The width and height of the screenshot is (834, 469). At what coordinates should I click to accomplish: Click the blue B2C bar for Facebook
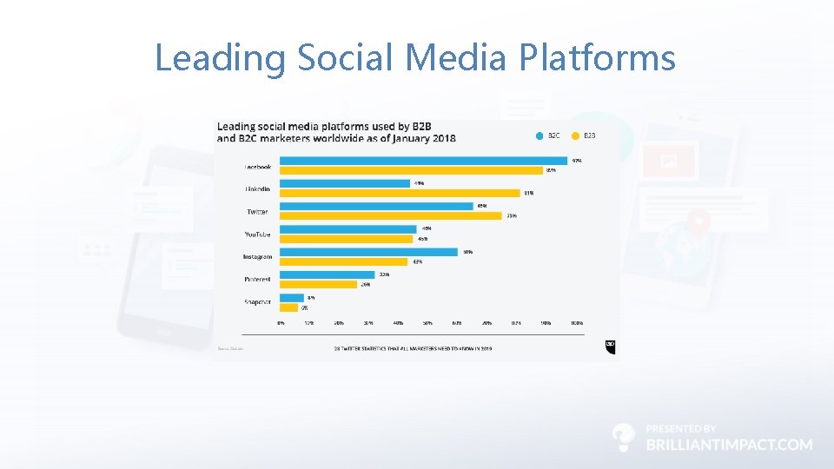tap(424, 161)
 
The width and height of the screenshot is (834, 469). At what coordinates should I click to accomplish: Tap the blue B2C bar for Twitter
tap(376, 206)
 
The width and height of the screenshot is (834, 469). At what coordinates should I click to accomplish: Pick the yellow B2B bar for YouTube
tap(347, 239)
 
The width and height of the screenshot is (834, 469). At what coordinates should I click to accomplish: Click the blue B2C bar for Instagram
tap(368, 252)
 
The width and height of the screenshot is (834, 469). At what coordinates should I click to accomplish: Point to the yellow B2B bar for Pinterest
tap(318, 284)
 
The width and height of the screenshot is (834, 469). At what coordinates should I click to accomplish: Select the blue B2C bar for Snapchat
tap(292, 297)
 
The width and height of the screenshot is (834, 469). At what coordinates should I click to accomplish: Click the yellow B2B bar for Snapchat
tap(289, 307)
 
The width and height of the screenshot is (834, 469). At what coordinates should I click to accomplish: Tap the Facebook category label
tap(257, 166)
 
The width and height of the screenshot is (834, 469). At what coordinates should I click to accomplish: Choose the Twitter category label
tap(257, 211)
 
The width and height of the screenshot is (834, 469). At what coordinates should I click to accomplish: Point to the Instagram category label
tap(257, 257)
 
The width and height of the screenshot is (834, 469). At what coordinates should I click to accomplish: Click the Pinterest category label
tap(257, 280)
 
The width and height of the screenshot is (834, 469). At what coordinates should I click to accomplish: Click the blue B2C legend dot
tap(539, 135)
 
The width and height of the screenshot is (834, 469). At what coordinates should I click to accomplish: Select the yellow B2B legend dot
tap(575, 135)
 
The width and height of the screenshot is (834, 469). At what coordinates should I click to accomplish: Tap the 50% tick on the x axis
tap(427, 322)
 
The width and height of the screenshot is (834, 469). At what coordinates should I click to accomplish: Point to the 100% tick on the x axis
tap(576, 322)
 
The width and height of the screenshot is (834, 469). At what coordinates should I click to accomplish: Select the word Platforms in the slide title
tap(597, 58)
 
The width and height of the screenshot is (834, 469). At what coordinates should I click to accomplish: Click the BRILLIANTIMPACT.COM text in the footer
tap(730, 444)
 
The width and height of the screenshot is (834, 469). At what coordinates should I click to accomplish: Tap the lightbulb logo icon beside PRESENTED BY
tap(623, 437)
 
